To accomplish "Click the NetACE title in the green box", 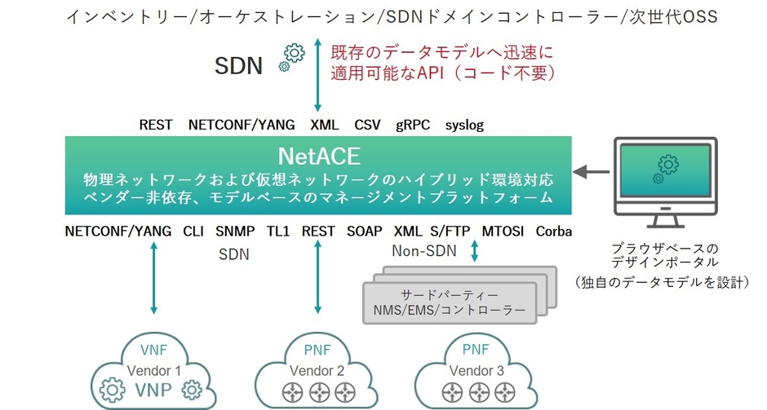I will (x=318, y=155).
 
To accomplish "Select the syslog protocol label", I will (x=464, y=125).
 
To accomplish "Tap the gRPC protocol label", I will (x=412, y=125).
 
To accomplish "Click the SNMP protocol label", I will (x=235, y=231).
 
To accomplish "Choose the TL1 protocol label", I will (x=278, y=231).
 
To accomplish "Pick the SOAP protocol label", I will (x=364, y=231).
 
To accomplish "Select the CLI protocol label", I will (x=193, y=231).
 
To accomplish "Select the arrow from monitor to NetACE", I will (x=592, y=173).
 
